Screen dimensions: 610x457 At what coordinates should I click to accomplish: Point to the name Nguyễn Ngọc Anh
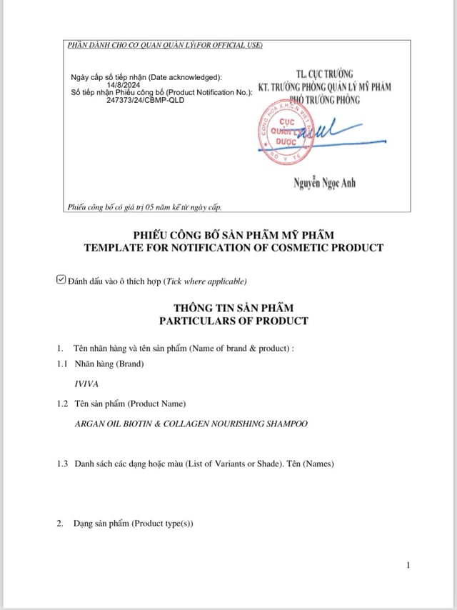(x=324, y=184)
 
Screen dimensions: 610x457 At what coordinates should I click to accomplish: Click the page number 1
(x=408, y=566)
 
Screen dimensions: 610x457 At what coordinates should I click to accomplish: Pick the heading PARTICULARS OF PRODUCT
(x=233, y=321)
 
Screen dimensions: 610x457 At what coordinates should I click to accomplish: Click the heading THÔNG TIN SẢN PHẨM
(x=233, y=308)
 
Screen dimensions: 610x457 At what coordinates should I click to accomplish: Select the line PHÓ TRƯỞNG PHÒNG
(x=325, y=100)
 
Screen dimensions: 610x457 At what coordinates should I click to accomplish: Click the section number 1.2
(x=63, y=404)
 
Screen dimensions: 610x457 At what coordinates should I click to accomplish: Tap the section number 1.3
(x=63, y=464)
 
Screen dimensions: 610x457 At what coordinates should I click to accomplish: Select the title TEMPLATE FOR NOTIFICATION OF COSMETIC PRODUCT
(x=233, y=248)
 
